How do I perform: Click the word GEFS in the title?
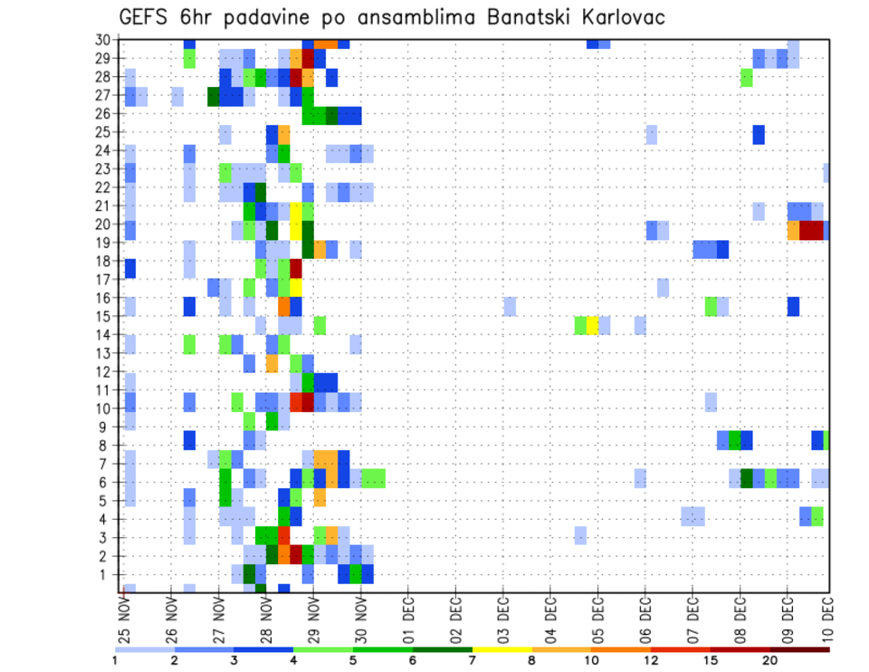[148, 16]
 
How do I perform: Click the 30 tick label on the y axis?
[107, 40]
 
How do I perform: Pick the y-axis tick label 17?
[107, 280]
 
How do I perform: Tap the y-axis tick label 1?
[110, 574]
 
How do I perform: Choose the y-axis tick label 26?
[107, 114]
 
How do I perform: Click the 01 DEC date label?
[408, 614]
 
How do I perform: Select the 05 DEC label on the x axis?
[597, 614]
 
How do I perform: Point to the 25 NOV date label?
[124, 614]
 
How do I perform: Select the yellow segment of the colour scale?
[502, 648]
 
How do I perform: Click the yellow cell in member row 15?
[592, 325]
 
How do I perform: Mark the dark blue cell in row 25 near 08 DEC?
[759, 134]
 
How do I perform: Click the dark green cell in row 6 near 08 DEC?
[747, 478]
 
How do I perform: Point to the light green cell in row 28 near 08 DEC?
[747, 78]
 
